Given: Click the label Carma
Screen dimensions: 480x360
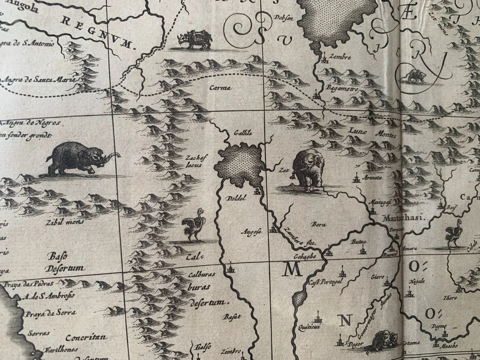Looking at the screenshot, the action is click(x=220, y=88).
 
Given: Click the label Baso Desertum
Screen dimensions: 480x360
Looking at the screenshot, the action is click(x=65, y=262).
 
